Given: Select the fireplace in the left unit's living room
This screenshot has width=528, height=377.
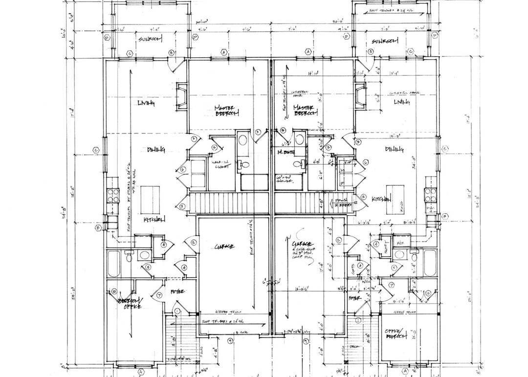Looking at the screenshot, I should tap(181, 96).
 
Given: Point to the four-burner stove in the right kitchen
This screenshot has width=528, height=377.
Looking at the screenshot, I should tap(430, 196).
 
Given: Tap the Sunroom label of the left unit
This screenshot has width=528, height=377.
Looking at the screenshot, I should tap(150, 39).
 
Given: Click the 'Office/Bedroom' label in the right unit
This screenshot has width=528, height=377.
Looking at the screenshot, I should tap(396, 333).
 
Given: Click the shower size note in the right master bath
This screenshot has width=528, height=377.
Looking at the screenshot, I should tap(285, 179).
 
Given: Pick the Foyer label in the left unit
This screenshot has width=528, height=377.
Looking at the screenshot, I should tap(177, 291).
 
